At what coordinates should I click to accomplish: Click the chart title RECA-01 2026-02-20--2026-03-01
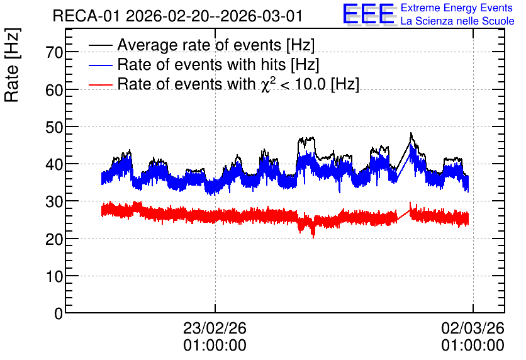178,16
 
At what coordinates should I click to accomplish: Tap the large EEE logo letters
369,14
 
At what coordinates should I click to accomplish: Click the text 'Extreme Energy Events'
457,8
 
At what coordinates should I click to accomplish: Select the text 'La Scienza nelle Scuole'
457,21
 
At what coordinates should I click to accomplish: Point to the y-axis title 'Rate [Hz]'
12,65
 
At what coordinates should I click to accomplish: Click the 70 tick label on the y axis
54,52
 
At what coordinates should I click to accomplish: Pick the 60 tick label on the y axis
54,90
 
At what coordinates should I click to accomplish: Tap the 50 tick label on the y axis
54,127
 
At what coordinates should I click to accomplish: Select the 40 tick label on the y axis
54,164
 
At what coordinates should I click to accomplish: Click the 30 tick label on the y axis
54,201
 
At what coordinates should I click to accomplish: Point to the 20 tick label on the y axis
54,239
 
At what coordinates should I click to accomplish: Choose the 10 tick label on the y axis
54,276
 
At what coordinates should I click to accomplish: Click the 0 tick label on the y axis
59,313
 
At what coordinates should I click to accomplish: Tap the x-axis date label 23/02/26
215,328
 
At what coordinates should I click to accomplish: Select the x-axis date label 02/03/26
473,328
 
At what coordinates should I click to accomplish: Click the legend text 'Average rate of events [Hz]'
216,45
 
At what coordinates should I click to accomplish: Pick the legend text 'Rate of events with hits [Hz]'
218,64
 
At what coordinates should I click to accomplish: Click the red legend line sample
101,85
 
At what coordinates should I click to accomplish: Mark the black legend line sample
101,45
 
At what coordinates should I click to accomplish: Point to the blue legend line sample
101,65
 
